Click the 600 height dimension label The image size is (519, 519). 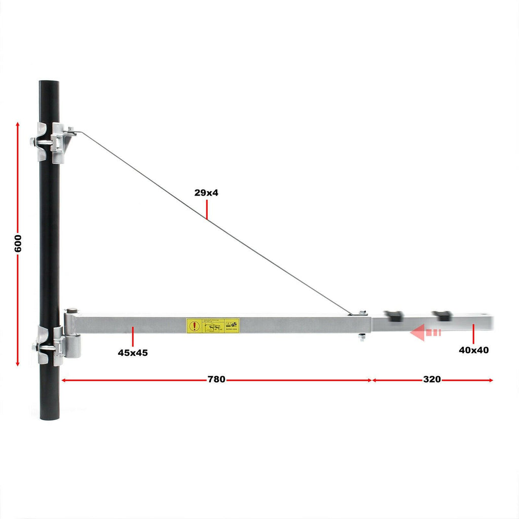[x=18, y=244]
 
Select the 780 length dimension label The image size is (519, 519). [x=216, y=380]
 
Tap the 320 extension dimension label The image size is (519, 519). [x=432, y=380]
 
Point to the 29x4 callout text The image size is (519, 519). [x=206, y=193]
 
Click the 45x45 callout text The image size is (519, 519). [x=133, y=353]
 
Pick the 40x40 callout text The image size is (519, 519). [x=474, y=350]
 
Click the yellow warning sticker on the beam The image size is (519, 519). [x=213, y=325]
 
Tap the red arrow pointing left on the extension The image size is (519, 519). [x=425, y=333]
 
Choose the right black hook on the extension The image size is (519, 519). [x=442, y=315]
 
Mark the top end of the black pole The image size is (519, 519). [x=49, y=82]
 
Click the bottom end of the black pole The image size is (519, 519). [x=49, y=417]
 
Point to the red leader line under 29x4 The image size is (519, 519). [x=207, y=208]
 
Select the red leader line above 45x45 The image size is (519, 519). [x=133, y=337]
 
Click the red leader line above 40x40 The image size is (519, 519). [x=473, y=333]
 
